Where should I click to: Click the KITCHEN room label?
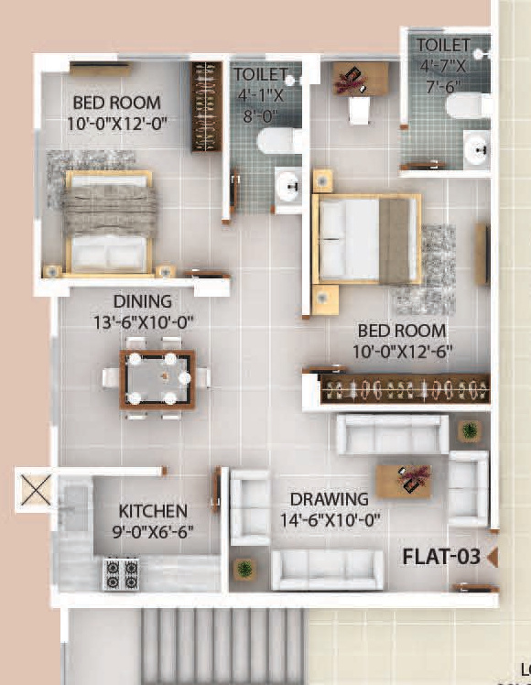(153, 511)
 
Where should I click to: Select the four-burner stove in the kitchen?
(120, 573)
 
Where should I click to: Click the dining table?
(157, 377)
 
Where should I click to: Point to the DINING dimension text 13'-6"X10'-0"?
(155, 321)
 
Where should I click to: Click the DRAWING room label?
(329, 499)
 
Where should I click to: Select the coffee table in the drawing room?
(404, 480)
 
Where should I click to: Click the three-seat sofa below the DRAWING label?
(327, 570)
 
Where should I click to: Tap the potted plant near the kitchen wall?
(244, 569)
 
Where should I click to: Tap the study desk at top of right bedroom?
(358, 79)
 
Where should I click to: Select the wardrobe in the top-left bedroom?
(206, 106)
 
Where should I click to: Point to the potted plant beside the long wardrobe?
(469, 430)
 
